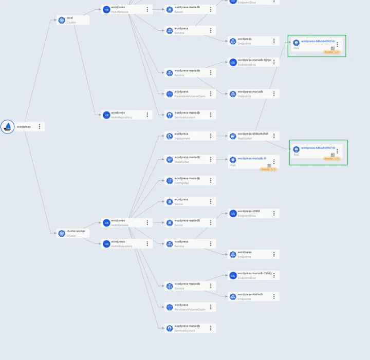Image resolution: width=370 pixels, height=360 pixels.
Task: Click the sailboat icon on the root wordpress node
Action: (8, 126)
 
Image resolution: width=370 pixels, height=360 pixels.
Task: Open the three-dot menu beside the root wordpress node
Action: (39, 126)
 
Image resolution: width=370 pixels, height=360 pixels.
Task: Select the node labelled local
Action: (70, 18)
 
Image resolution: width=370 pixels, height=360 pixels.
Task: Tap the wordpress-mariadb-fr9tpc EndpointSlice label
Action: (251, 60)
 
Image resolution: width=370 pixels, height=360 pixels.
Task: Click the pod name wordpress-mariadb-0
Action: (251, 159)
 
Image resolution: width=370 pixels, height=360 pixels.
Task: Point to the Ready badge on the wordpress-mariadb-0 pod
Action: (268, 169)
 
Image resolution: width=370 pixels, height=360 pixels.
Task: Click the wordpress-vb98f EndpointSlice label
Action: (249, 211)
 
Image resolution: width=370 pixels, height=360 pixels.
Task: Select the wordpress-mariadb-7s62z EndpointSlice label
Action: (254, 273)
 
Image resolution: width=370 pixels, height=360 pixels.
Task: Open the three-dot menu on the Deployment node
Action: (211, 136)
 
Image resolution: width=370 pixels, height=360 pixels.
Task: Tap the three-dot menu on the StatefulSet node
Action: (211, 159)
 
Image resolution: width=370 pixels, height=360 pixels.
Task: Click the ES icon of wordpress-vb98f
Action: (233, 213)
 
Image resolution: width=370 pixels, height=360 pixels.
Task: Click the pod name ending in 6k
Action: (318, 148)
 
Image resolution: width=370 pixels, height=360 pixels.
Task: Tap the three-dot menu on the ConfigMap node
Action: (211, 180)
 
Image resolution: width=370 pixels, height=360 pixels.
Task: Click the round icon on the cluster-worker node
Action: (62, 233)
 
